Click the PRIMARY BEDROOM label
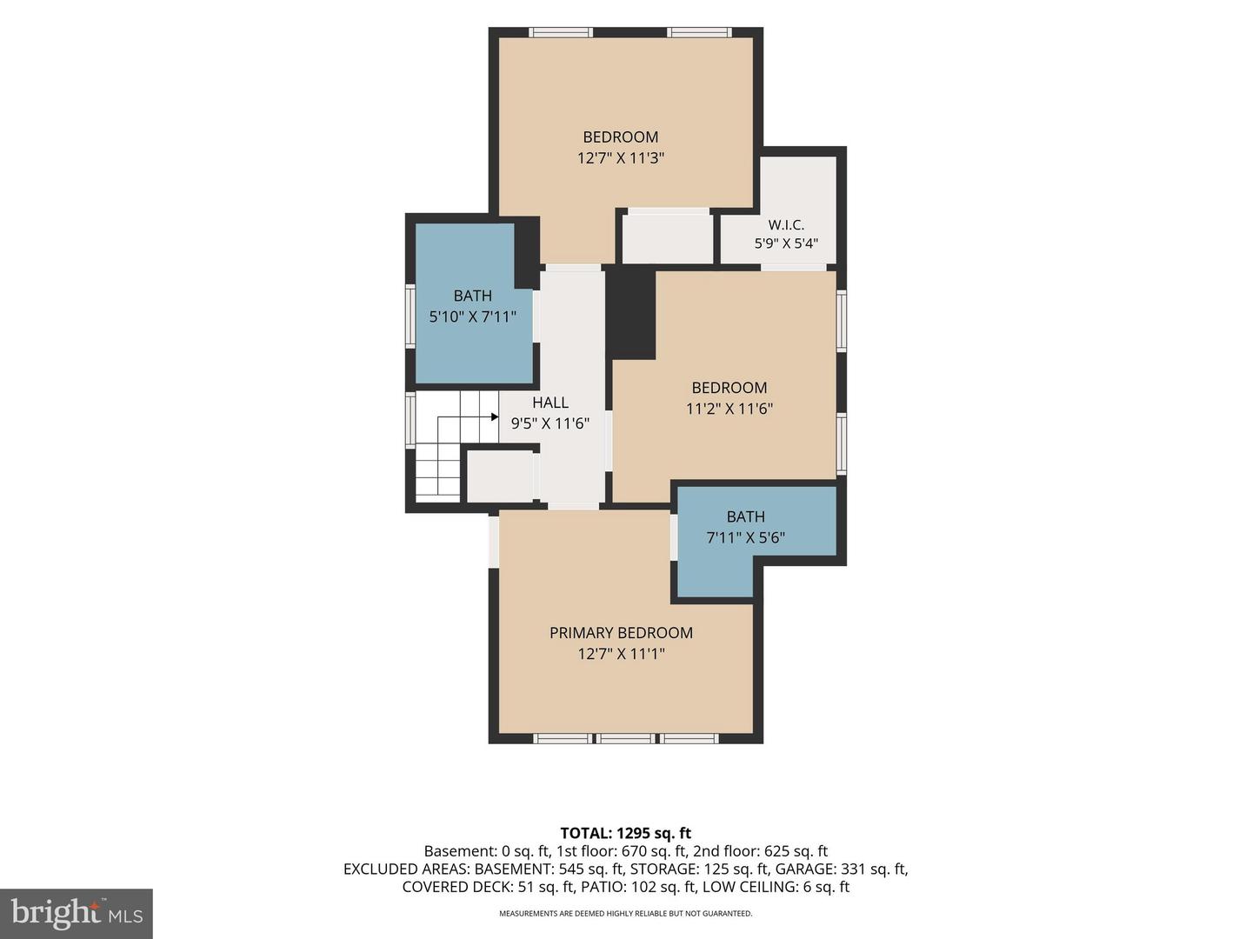tap(621, 633)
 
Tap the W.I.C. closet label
tap(786, 224)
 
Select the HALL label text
tap(549, 403)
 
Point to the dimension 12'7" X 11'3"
tap(621, 158)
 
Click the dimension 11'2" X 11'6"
tap(729, 409)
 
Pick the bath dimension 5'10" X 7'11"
tap(472, 316)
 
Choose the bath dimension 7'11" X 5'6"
tap(745, 537)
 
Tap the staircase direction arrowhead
tap(495, 416)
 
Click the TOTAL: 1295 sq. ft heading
tap(626, 833)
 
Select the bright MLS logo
tap(77, 913)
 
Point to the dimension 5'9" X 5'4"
tap(786, 243)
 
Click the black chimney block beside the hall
tap(630, 314)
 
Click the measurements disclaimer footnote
tap(626, 913)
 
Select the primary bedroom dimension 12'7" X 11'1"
tap(621, 653)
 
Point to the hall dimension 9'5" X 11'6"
tap(549, 423)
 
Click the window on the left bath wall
tap(410, 316)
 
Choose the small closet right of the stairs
tap(500, 476)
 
